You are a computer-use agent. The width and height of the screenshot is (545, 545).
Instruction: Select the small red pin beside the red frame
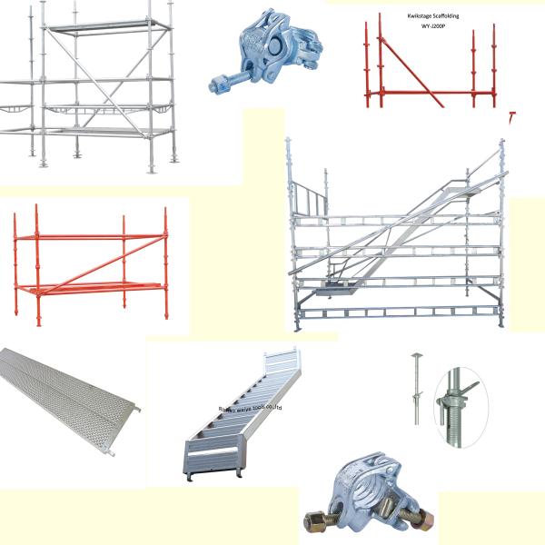(511, 117)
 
